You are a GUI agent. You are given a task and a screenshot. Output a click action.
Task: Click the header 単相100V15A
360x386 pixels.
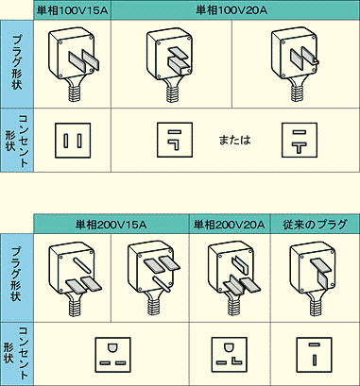72,10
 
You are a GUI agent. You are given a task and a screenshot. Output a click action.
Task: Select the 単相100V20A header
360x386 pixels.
231,10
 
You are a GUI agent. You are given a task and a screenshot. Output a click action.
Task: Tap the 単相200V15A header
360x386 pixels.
111,225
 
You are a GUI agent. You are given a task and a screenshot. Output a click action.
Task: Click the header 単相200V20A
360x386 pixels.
230,225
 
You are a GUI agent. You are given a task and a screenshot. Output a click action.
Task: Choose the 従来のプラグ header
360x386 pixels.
315,225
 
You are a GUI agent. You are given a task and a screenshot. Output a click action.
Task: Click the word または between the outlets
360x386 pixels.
234,140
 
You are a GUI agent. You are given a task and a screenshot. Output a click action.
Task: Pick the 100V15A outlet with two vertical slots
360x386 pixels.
73,141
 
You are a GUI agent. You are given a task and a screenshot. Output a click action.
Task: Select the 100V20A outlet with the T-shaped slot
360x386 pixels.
300,141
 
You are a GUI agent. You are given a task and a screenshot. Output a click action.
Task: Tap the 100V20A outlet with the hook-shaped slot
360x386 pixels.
175,141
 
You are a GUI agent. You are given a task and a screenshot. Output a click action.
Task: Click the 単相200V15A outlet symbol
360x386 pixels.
112,355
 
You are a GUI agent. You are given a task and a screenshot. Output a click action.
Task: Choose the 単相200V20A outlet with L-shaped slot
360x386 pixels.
230,355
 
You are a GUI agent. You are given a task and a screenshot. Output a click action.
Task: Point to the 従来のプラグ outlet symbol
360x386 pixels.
315,355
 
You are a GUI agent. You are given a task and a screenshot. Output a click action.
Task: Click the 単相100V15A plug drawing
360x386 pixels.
73,64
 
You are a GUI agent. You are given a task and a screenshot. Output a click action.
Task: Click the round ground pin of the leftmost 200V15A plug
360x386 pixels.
82,265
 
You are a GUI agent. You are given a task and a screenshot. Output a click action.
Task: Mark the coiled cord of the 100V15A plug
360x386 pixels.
76,92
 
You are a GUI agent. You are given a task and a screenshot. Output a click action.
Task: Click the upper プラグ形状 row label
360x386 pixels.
16,62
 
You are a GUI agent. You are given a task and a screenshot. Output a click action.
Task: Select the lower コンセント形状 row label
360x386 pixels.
16,353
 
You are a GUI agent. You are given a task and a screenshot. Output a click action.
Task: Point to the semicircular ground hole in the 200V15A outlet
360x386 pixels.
112,347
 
